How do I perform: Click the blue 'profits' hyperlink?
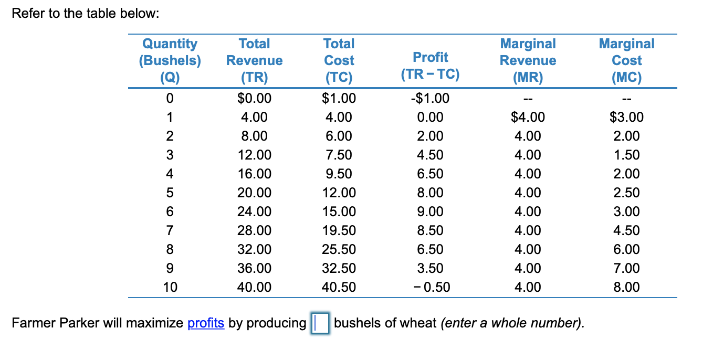point(206,323)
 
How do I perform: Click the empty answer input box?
point(320,323)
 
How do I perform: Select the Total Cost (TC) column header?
point(339,60)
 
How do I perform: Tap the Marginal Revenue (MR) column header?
point(528,60)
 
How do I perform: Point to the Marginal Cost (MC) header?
point(626,60)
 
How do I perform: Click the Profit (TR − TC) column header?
point(430,66)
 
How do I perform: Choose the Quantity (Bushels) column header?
point(170,60)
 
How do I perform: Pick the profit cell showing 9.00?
point(430,211)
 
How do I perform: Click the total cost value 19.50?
point(339,230)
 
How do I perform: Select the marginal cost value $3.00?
point(626,117)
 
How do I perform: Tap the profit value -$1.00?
point(430,98)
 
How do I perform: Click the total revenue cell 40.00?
point(255,287)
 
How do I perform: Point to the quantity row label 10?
point(170,287)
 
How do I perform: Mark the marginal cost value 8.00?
point(626,287)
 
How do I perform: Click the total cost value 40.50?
point(339,287)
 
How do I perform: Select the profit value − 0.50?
point(430,287)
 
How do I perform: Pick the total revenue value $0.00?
point(255,98)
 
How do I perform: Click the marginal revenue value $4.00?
point(528,117)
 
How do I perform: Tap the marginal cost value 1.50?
point(626,155)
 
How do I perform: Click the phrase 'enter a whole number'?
point(511,323)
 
